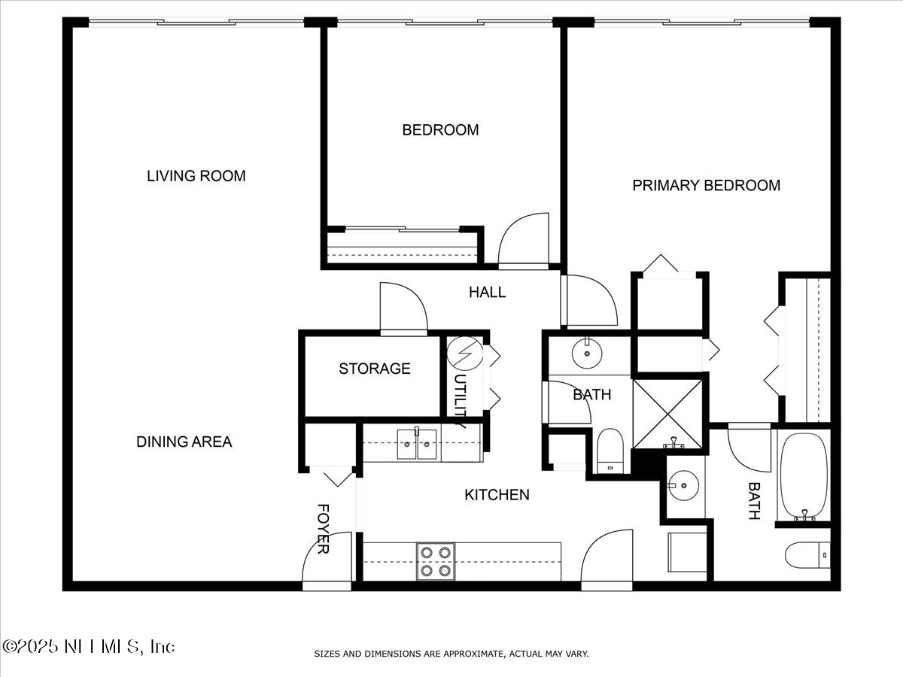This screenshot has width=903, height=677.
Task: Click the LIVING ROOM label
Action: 196,176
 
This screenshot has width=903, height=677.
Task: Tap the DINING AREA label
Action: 184,442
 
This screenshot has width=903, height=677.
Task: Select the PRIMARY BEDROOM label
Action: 706,185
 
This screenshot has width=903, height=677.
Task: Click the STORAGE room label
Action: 374,369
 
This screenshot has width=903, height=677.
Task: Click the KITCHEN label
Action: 496,494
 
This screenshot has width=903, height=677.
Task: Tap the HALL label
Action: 487,292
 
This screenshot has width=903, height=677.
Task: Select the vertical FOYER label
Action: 323,529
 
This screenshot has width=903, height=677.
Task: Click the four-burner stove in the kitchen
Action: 436,561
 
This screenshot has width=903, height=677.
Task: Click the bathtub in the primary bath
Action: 803,476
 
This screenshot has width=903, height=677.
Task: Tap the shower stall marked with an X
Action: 668,414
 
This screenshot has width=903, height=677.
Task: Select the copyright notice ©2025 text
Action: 88,646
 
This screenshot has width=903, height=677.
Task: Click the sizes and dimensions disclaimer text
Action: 451,654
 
